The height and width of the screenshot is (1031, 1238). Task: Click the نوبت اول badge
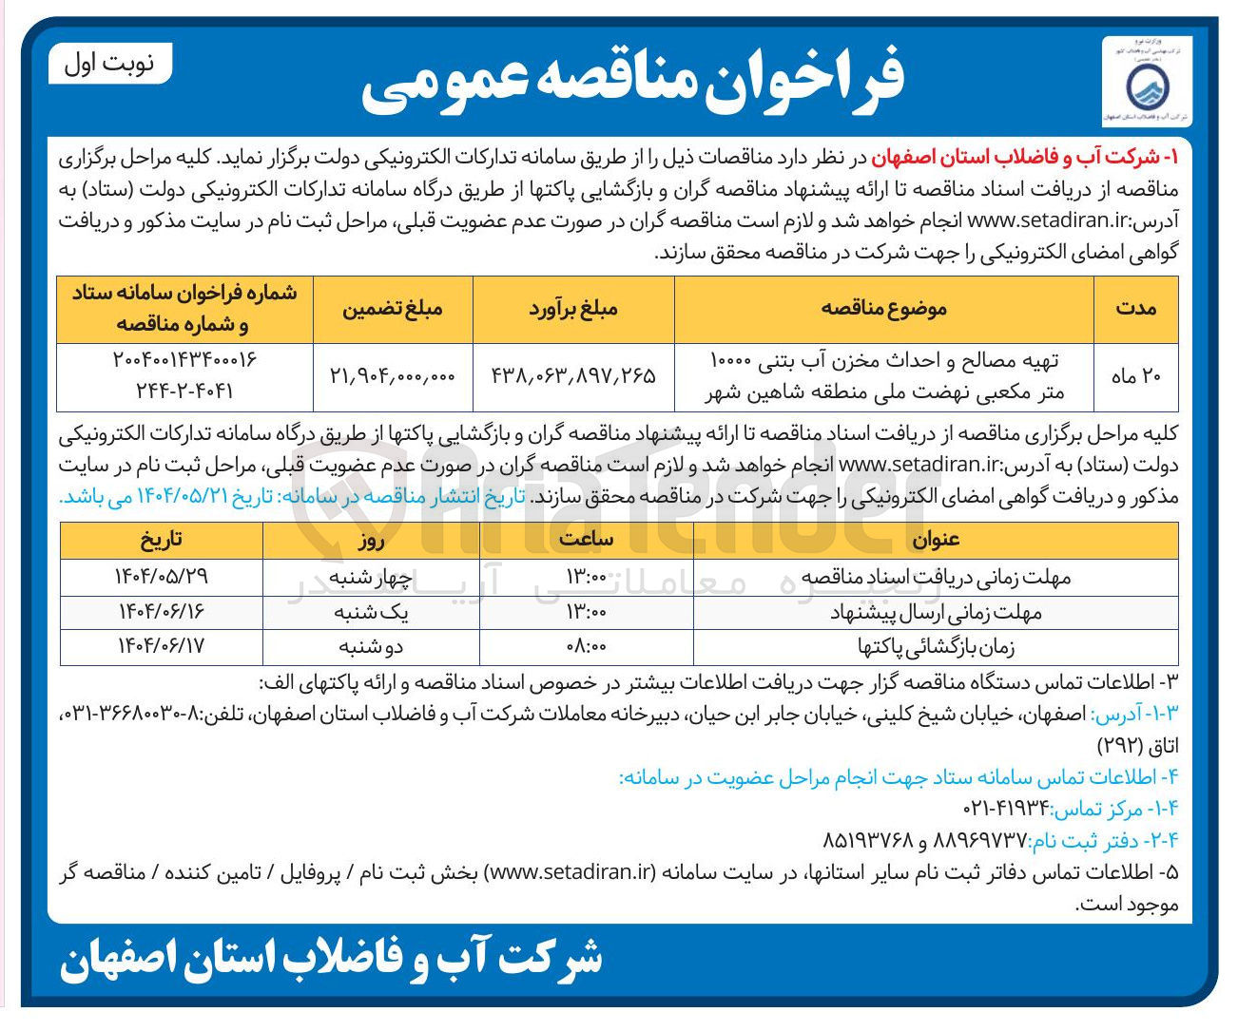[109, 65]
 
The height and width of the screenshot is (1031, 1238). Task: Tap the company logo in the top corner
[1146, 84]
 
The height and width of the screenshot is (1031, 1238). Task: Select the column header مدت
[1135, 308]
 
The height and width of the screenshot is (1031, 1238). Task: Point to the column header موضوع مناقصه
[883, 308]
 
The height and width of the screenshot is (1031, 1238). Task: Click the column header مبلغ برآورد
[573, 308]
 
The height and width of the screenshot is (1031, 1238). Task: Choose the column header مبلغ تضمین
[393, 308]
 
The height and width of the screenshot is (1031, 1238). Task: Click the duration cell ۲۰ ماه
[1136, 376]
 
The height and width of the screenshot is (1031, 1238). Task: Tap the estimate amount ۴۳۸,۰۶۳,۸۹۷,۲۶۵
[573, 376]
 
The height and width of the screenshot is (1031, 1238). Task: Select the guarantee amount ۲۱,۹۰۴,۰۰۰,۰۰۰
[393, 376]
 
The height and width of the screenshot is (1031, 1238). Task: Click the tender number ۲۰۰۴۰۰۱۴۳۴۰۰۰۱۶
[185, 360]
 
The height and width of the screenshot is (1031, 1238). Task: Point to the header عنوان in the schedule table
[936, 540]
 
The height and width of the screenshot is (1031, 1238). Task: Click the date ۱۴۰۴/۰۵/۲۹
[162, 577]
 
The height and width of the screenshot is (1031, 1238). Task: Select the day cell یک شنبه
[371, 613]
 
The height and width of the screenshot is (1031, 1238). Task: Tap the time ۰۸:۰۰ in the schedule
[587, 647]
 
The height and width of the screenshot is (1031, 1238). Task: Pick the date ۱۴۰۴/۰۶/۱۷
[162, 647]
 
